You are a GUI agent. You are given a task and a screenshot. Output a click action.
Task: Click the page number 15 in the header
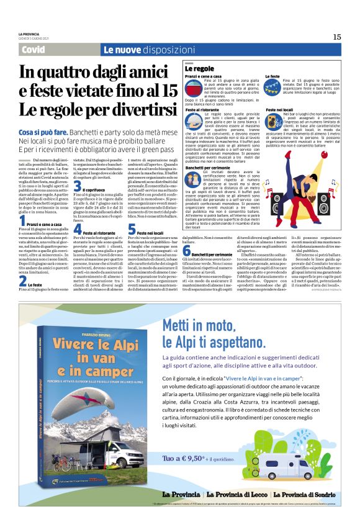[x=336, y=37]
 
